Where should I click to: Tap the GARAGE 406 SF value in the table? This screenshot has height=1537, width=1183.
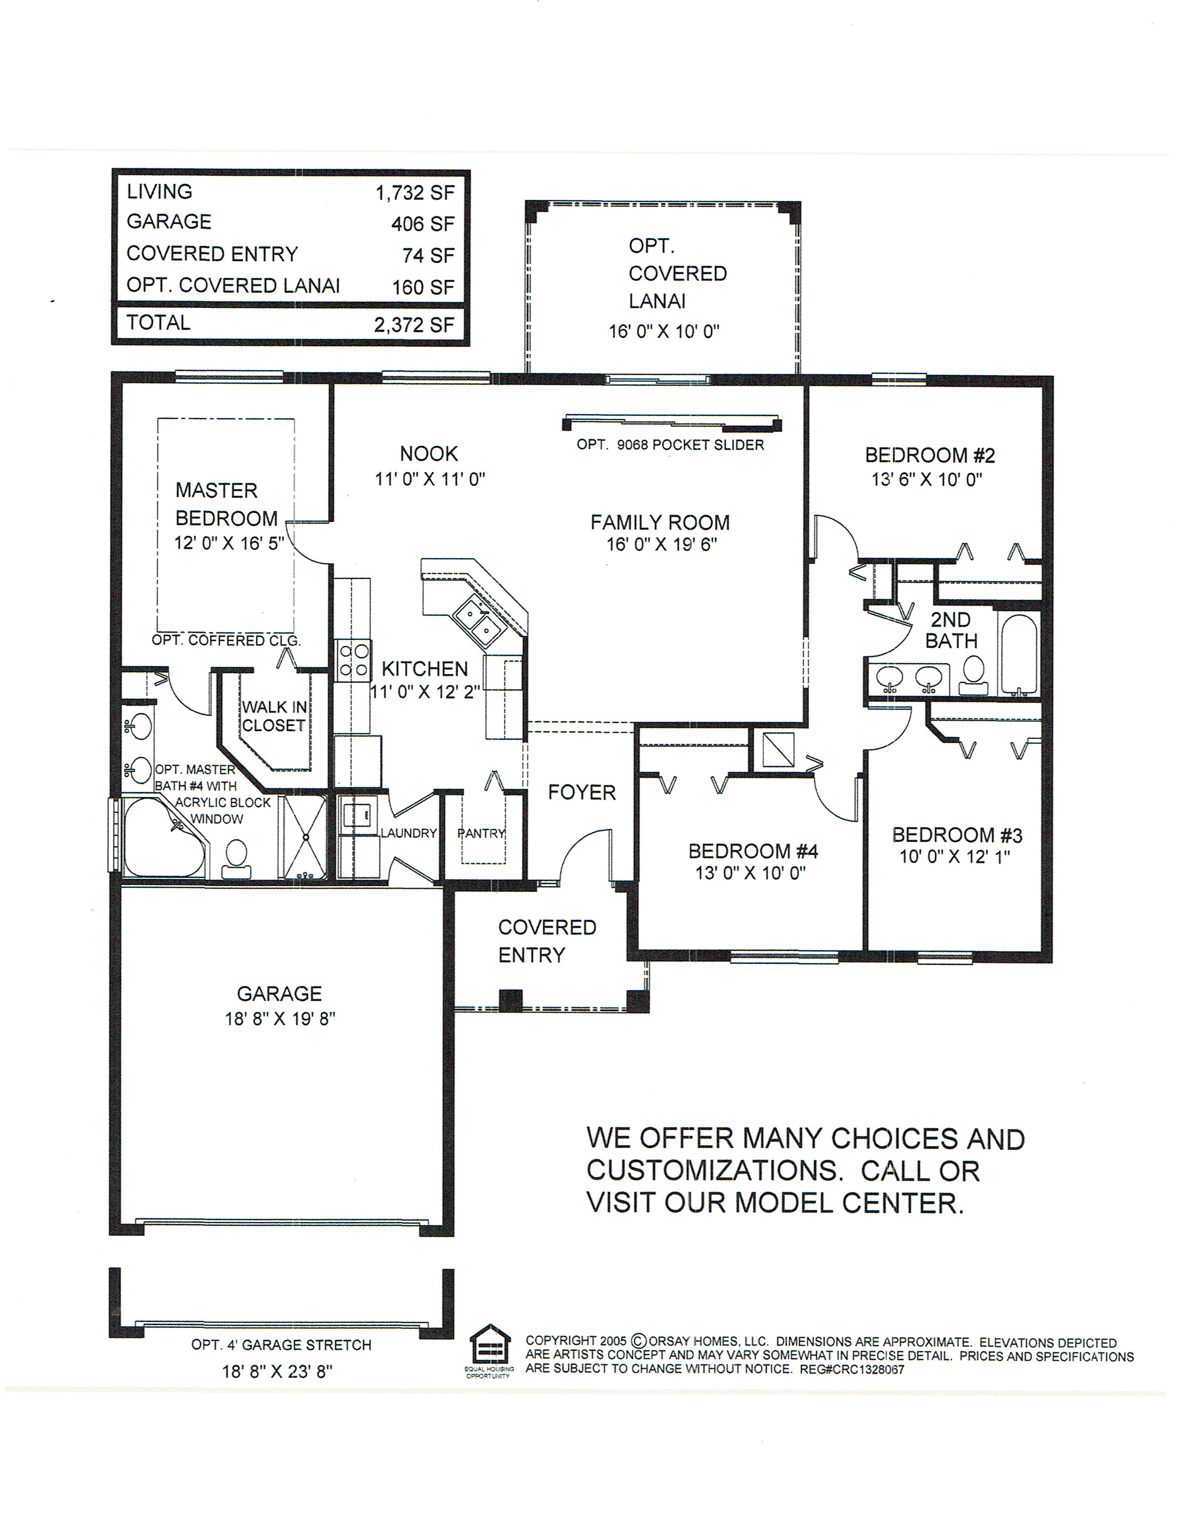pyautogui.click(x=423, y=224)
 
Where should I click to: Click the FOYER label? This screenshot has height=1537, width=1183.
pyautogui.click(x=582, y=793)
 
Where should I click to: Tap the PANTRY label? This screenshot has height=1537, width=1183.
pyautogui.click(x=482, y=833)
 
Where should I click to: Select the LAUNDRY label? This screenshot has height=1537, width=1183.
pyautogui.click(x=409, y=833)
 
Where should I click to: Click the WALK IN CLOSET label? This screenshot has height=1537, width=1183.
pyautogui.click(x=274, y=717)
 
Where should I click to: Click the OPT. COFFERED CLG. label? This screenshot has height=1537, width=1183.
pyautogui.click(x=226, y=640)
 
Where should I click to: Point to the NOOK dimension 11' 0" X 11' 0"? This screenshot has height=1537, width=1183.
pyautogui.click(x=430, y=479)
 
